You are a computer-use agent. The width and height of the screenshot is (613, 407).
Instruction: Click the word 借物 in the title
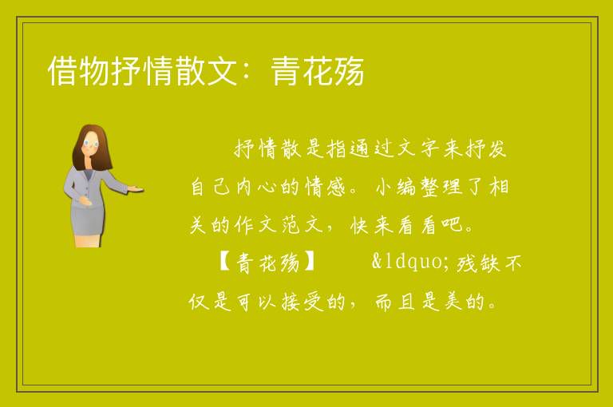coord(79,71)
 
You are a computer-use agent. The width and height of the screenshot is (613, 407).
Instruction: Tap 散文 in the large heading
coord(206,71)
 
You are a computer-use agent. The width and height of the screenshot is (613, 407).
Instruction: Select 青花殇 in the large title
coord(318,71)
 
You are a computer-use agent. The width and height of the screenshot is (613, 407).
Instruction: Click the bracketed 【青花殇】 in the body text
coord(268,262)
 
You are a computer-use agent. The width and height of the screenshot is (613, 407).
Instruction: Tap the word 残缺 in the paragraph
coord(478,263)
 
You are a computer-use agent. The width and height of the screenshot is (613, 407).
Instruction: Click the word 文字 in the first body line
coord(417,148)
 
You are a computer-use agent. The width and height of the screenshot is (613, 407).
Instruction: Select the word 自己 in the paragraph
coord(211,187)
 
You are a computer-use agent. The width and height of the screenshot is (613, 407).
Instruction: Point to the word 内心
coord(255,187)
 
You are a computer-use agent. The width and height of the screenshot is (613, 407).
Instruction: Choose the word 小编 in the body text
coord(395,187)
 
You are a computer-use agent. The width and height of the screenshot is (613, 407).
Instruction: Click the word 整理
coord(441,187)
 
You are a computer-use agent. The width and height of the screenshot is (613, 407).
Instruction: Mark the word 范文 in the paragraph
coord(302,224)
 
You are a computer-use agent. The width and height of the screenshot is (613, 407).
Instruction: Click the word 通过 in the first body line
coord(370,148)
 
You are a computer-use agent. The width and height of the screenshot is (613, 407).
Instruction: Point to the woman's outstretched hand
coord(135,189)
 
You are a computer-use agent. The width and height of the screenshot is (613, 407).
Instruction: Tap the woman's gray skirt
coord(88,221)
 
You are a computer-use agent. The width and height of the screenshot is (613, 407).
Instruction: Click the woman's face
coord(91,143)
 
